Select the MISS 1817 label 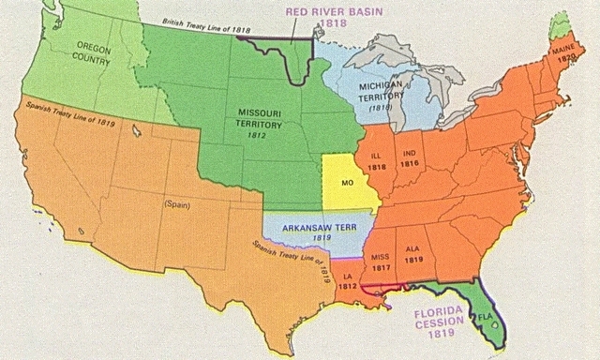(x=381, y=261)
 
